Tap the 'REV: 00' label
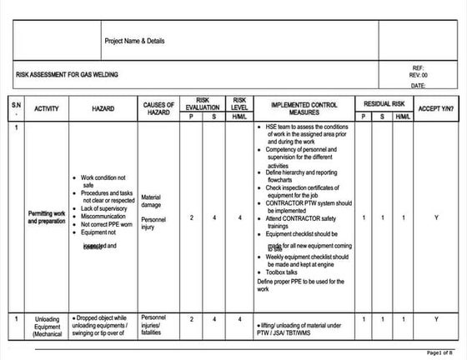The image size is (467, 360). (419, 75)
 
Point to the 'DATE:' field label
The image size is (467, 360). (419, 85)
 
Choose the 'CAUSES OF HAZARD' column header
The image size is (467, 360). (158, 107)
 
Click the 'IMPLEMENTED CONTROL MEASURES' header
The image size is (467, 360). (304, 107)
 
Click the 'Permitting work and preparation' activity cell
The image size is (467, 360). (46, 217)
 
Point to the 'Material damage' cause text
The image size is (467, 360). (152, 201)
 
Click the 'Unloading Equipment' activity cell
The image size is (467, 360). (47, 324)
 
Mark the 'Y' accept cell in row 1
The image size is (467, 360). (436, 217)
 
